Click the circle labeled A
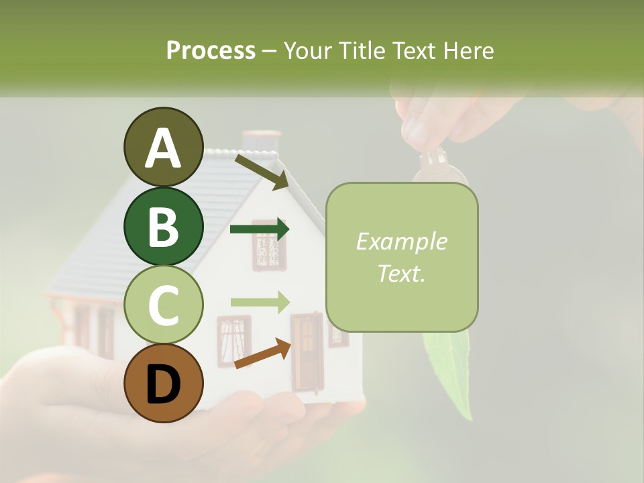163,147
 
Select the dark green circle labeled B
163,226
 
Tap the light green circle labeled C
163,305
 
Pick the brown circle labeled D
163,383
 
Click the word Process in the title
211,50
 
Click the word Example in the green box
401,241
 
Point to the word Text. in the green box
401,273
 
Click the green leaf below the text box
449,369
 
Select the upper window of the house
269,244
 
